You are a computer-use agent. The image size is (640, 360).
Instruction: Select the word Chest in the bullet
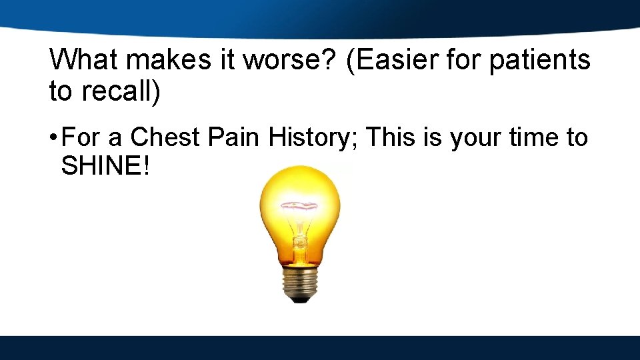(x=165, y=137)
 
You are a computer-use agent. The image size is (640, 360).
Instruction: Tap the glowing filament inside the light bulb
(x=300, y=207)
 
